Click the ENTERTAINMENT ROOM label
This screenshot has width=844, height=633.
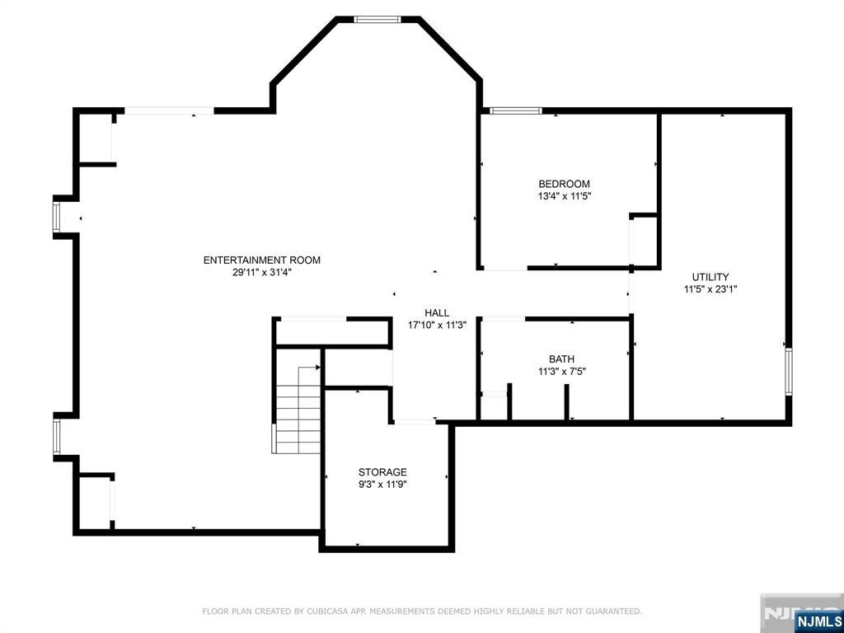pyautogui.click(x=261, y=260)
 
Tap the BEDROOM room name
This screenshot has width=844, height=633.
pyautogui.click(x=564, y=184)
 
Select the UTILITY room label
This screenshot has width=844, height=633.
pyautogui.click(x=710, y=277)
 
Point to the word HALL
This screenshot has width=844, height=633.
pyautogui.click(x=437, y=312)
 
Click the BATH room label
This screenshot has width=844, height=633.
pyautogui.click(x=561, y=359)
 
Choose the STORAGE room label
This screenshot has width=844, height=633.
pyautogui.click(x=382, y=472)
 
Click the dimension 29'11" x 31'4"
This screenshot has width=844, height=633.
pyautogui.click(x=261, y=272)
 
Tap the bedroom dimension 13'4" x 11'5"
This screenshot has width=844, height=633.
pyautogui.click(x=564, y=196)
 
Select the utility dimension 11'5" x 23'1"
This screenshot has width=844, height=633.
pyautogui.click(x=710, y=289)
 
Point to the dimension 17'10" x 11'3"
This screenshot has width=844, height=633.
pyautogui.click(x=437, y=325)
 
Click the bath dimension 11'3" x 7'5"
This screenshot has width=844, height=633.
pyautogui.click(x=561, y=372)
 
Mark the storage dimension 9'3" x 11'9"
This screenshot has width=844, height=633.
pyautogui.click(x=382, y=485)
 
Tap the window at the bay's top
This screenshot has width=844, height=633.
pyautogui.click(x=377, y=20)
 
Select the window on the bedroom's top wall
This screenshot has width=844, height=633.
pyautogui.click(x=515, y=111)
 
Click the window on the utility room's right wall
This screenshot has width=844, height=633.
pyautogui.click(x=789, y=372)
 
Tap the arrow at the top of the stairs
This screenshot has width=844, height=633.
pyautogui.click(x=317, y=368)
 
